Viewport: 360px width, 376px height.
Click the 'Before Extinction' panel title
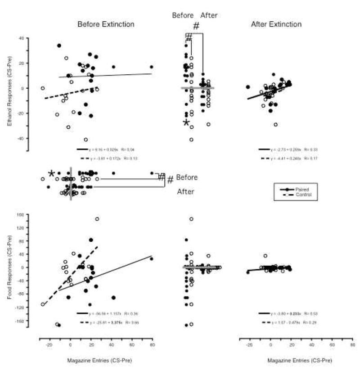click(x=106, y=24)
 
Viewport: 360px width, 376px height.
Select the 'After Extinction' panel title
click(x=276, y=24)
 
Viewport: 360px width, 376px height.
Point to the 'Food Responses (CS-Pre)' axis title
click(x=10, y=267)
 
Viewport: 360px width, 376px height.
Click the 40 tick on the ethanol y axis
click(x=21, y=38)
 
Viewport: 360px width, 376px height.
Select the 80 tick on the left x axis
click(x=152, y=344)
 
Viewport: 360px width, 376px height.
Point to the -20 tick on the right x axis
click(x=249, y=344)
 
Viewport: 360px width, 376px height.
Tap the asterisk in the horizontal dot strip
click(x=52, y=174)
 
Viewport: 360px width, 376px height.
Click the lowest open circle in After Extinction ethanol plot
click(x=275, y=124)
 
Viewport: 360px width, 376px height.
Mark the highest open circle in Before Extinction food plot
click(x=97, y=219)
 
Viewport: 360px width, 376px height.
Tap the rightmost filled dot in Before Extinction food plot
click(x=152, y=259)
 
